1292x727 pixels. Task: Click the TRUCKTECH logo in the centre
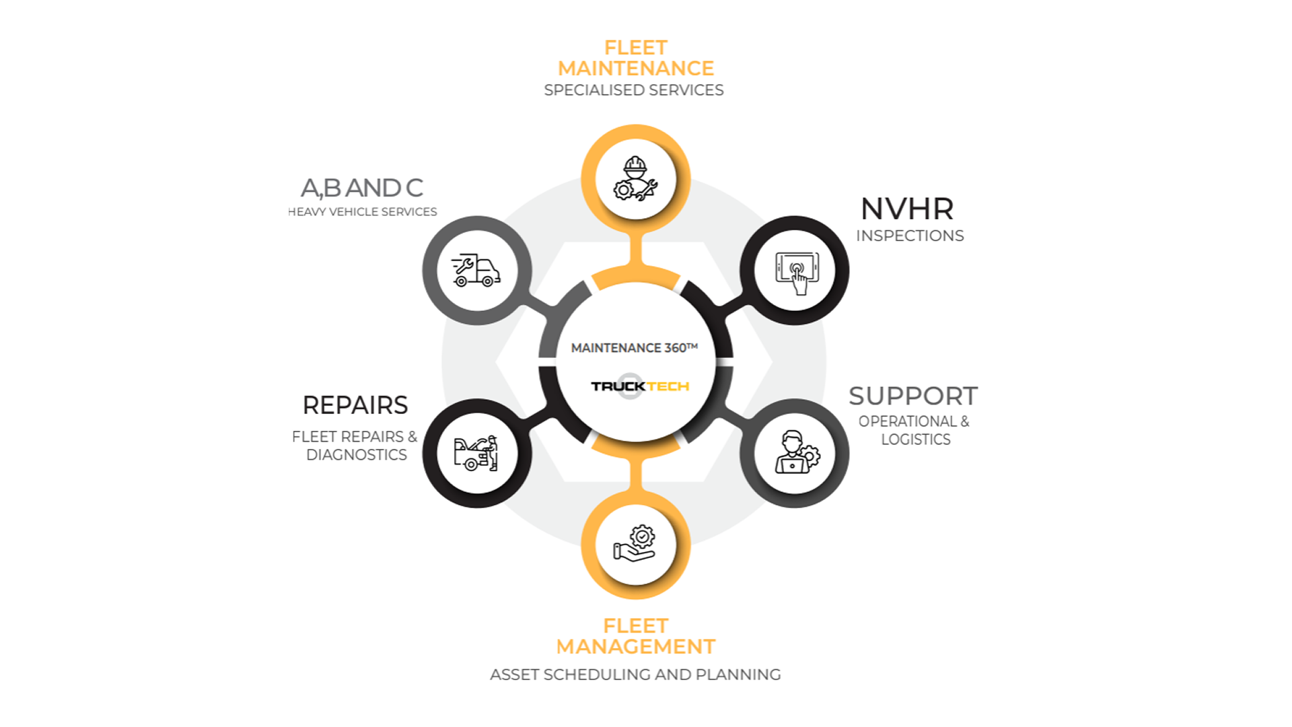tap(639, 386)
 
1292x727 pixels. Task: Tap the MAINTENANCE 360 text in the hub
tap(634, 348)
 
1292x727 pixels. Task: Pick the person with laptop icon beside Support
tap(795, 453)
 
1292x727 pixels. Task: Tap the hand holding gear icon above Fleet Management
tap(635, 544)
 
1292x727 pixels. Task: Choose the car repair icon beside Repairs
tap(476, 453)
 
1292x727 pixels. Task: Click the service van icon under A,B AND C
tap(476, 271)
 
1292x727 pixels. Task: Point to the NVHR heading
tap(907, 209)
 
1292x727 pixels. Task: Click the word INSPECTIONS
tap(910, 236)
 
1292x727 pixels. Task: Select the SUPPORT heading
tap(913, 396)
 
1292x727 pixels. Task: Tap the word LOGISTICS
tap(916, 440)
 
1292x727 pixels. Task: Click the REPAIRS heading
tap(355, 405)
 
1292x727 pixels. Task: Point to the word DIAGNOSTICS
tap(357, 455)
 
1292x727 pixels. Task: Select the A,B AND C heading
tap(362, 188)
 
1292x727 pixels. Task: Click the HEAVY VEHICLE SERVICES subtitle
tap(363, 212)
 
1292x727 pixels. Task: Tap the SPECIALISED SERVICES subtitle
tap(634, 90)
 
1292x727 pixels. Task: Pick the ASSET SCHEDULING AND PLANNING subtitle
tap(635, 674)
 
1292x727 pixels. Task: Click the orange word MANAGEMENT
tap(635, 647)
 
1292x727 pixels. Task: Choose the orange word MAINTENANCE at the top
tap(635, 69)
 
